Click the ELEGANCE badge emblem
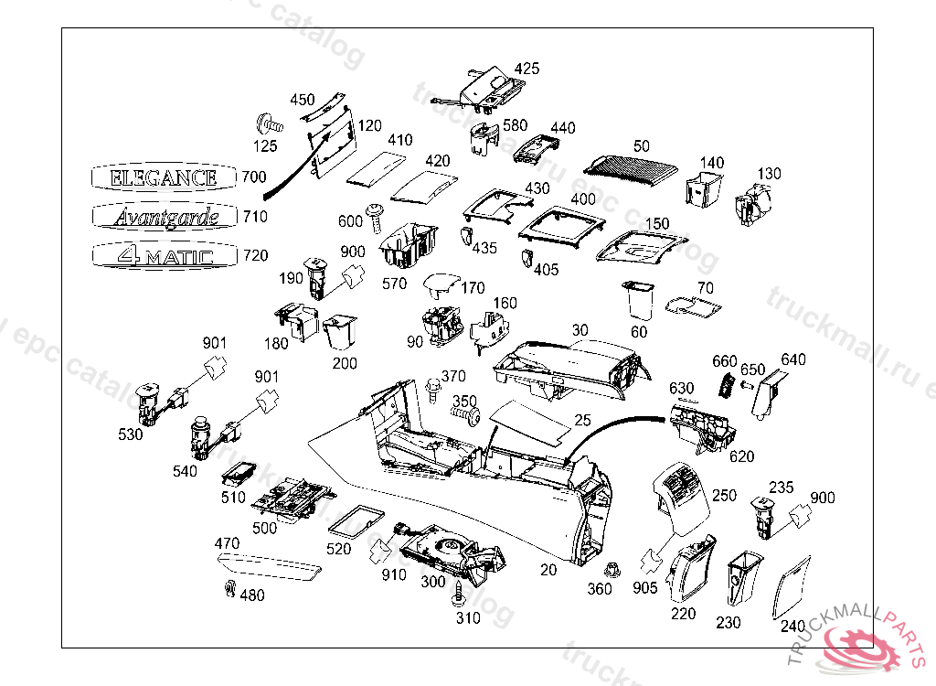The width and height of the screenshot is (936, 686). pyautogui.click(x=164, y=177)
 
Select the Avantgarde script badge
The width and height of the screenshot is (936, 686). pyautogui.click(x=164, y=216)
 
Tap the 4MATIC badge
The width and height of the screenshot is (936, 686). pyautogui.click(x=164, y=255)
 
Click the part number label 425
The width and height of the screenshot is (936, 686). pyautogui.click(x=526, y=69)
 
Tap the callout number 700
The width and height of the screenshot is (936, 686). pyautogui.click(x=255, y=176)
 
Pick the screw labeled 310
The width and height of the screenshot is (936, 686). pyautogui.click(x=458, y=596)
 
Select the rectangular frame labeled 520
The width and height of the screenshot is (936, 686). pyautogui.click(x=355, y=520)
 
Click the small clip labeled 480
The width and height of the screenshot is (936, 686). pyautogui.click(x=228, y=589)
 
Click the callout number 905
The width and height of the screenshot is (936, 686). pyautogui.click(x=644, y=587)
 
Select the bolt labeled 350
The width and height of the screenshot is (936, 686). pyautogui.click(x=468, y=415)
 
